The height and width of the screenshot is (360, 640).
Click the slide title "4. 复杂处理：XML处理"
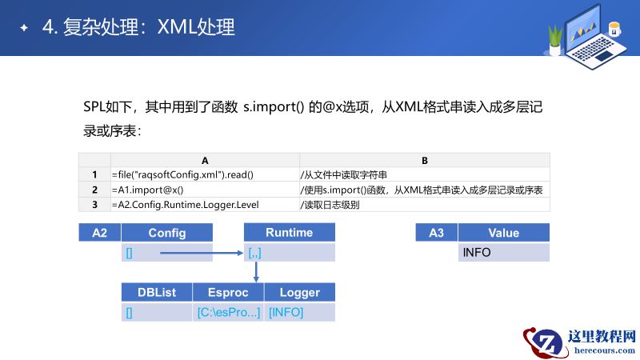(138, 27)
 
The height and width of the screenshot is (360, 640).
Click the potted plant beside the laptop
(554, 38)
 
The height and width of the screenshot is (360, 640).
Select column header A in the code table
(205, 160)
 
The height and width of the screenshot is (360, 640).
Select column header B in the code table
(425, 160)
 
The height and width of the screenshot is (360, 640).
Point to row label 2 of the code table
(94, 190)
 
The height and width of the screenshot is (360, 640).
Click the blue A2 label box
(100, 233)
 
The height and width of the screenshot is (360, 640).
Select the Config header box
(167, 233)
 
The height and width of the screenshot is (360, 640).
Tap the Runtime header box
(289, 233)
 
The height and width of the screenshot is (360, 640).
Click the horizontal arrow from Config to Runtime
(200, 253)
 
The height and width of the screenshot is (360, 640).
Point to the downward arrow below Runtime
(255, 271)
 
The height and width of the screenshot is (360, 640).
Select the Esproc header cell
(228, 293)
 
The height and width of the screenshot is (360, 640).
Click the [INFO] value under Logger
(286, 312)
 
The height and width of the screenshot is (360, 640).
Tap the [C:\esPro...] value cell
(228, 312)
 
